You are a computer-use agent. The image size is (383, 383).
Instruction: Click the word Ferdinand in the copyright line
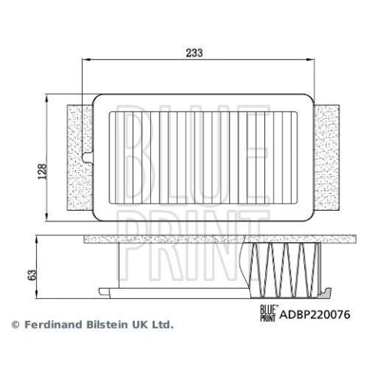click(x=51, y=325)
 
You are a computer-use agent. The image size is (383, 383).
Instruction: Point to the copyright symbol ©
click(x=14, y=325)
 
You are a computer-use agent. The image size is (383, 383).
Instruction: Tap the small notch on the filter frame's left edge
click(x=90, y=159)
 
